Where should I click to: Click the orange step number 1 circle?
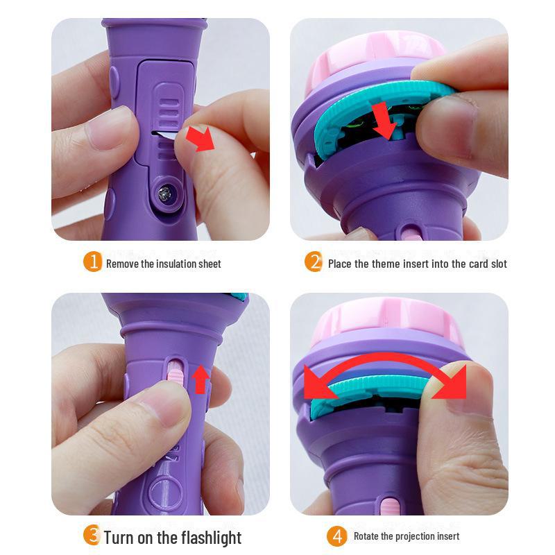(x=93, y=262)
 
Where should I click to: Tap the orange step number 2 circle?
(x=314, y=262)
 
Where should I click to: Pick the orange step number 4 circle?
(x=336, y=536)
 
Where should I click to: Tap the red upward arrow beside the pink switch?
(x=200, y=378)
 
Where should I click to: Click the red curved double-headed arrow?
(x=388, y=375)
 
